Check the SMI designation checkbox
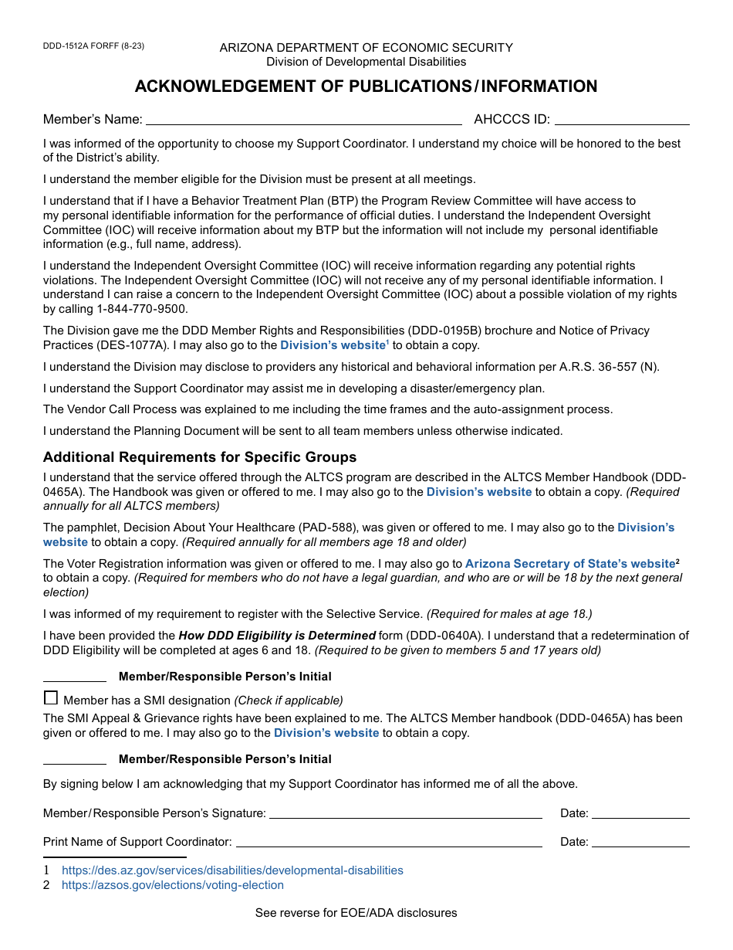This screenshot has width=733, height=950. [51, 698]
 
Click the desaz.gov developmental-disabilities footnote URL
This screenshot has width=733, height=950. [232, 870]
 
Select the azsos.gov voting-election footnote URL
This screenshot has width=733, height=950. [172, 885]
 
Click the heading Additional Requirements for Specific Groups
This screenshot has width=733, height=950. [200, 456]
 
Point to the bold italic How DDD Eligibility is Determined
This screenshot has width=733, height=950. [277, 636]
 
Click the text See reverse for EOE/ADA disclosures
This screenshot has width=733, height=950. [356, 913]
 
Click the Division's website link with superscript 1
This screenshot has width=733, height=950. [333, 345]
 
